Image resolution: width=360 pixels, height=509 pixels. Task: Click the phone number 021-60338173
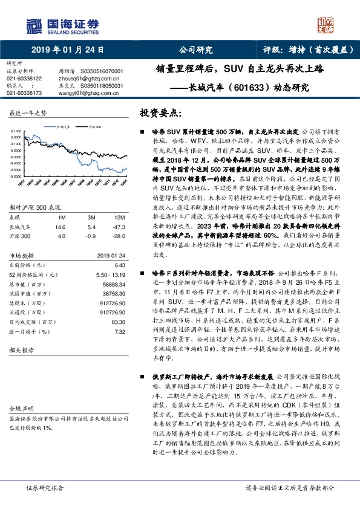[24, 93]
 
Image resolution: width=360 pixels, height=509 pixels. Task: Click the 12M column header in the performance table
[119, 216]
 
